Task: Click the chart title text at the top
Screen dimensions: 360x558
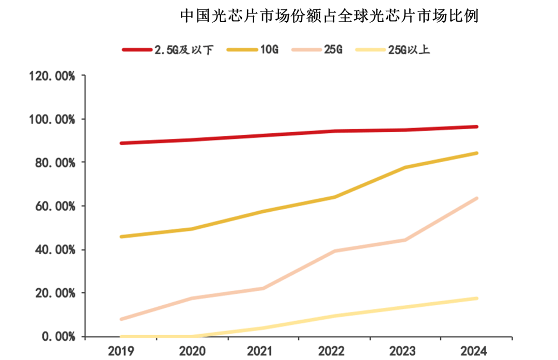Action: (329, 16)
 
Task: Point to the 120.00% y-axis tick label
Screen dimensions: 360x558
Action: (53, 76)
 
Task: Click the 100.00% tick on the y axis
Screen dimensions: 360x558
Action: (53, 120)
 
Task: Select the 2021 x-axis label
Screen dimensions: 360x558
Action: (263, 351)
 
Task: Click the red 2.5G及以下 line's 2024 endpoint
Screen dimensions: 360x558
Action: (476, 127)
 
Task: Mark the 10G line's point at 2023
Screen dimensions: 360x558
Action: (406, 167)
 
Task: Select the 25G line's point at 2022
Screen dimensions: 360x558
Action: (334, 251)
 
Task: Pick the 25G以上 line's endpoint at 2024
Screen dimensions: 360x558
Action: (476, 299)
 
